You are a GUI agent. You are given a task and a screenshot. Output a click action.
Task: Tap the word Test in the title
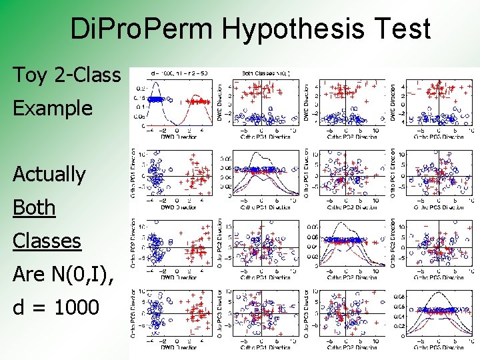click(x=402, y=30)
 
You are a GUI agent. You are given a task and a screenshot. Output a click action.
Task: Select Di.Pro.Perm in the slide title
click(x=141, y=30)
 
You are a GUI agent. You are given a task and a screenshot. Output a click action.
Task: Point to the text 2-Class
click(x=89, y=75)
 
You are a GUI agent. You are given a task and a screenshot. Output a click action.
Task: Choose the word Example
click(x=53, y=108)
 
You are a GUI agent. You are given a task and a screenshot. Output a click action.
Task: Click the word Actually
click(x=49, y=175)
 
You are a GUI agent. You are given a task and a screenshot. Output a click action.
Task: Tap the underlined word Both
click(x=34, y=207)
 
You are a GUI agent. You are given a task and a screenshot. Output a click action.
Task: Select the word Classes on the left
click(x=47, y=241)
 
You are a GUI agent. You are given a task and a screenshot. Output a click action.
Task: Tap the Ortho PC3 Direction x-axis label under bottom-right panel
click(x=435, y=347)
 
